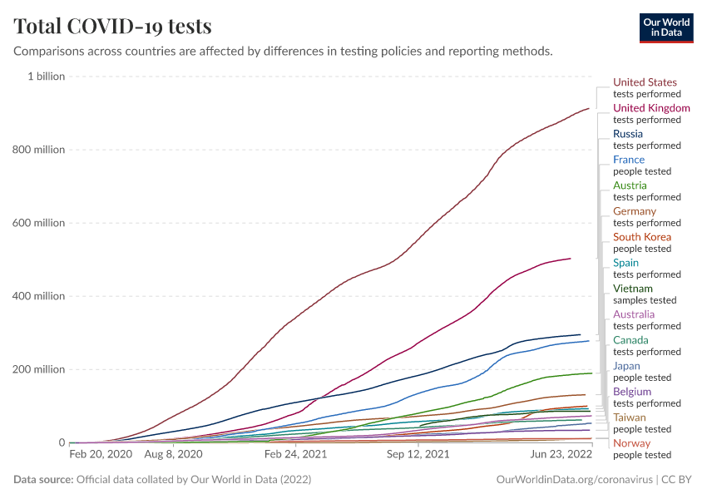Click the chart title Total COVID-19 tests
click(x=112, y=26)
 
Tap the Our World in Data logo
click(x=665, y=27)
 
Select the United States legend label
click(x=645, y=82)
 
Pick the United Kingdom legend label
click(x=651, y=108)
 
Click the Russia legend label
click(x=628, y=134)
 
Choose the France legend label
click(x=629, y=160)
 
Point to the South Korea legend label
click(x=642, y=237)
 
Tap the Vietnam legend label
click(x=633, y=289)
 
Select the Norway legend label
click(x=631, y=443)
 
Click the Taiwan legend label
click(x=630, y=417)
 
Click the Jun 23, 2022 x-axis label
click(x=561, y=455)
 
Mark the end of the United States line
click(x=589, y=108)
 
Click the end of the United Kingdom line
click(x=571, y=259)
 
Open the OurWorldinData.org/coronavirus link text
click(x=575, y=480)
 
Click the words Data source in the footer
click(x=42, y=480)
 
